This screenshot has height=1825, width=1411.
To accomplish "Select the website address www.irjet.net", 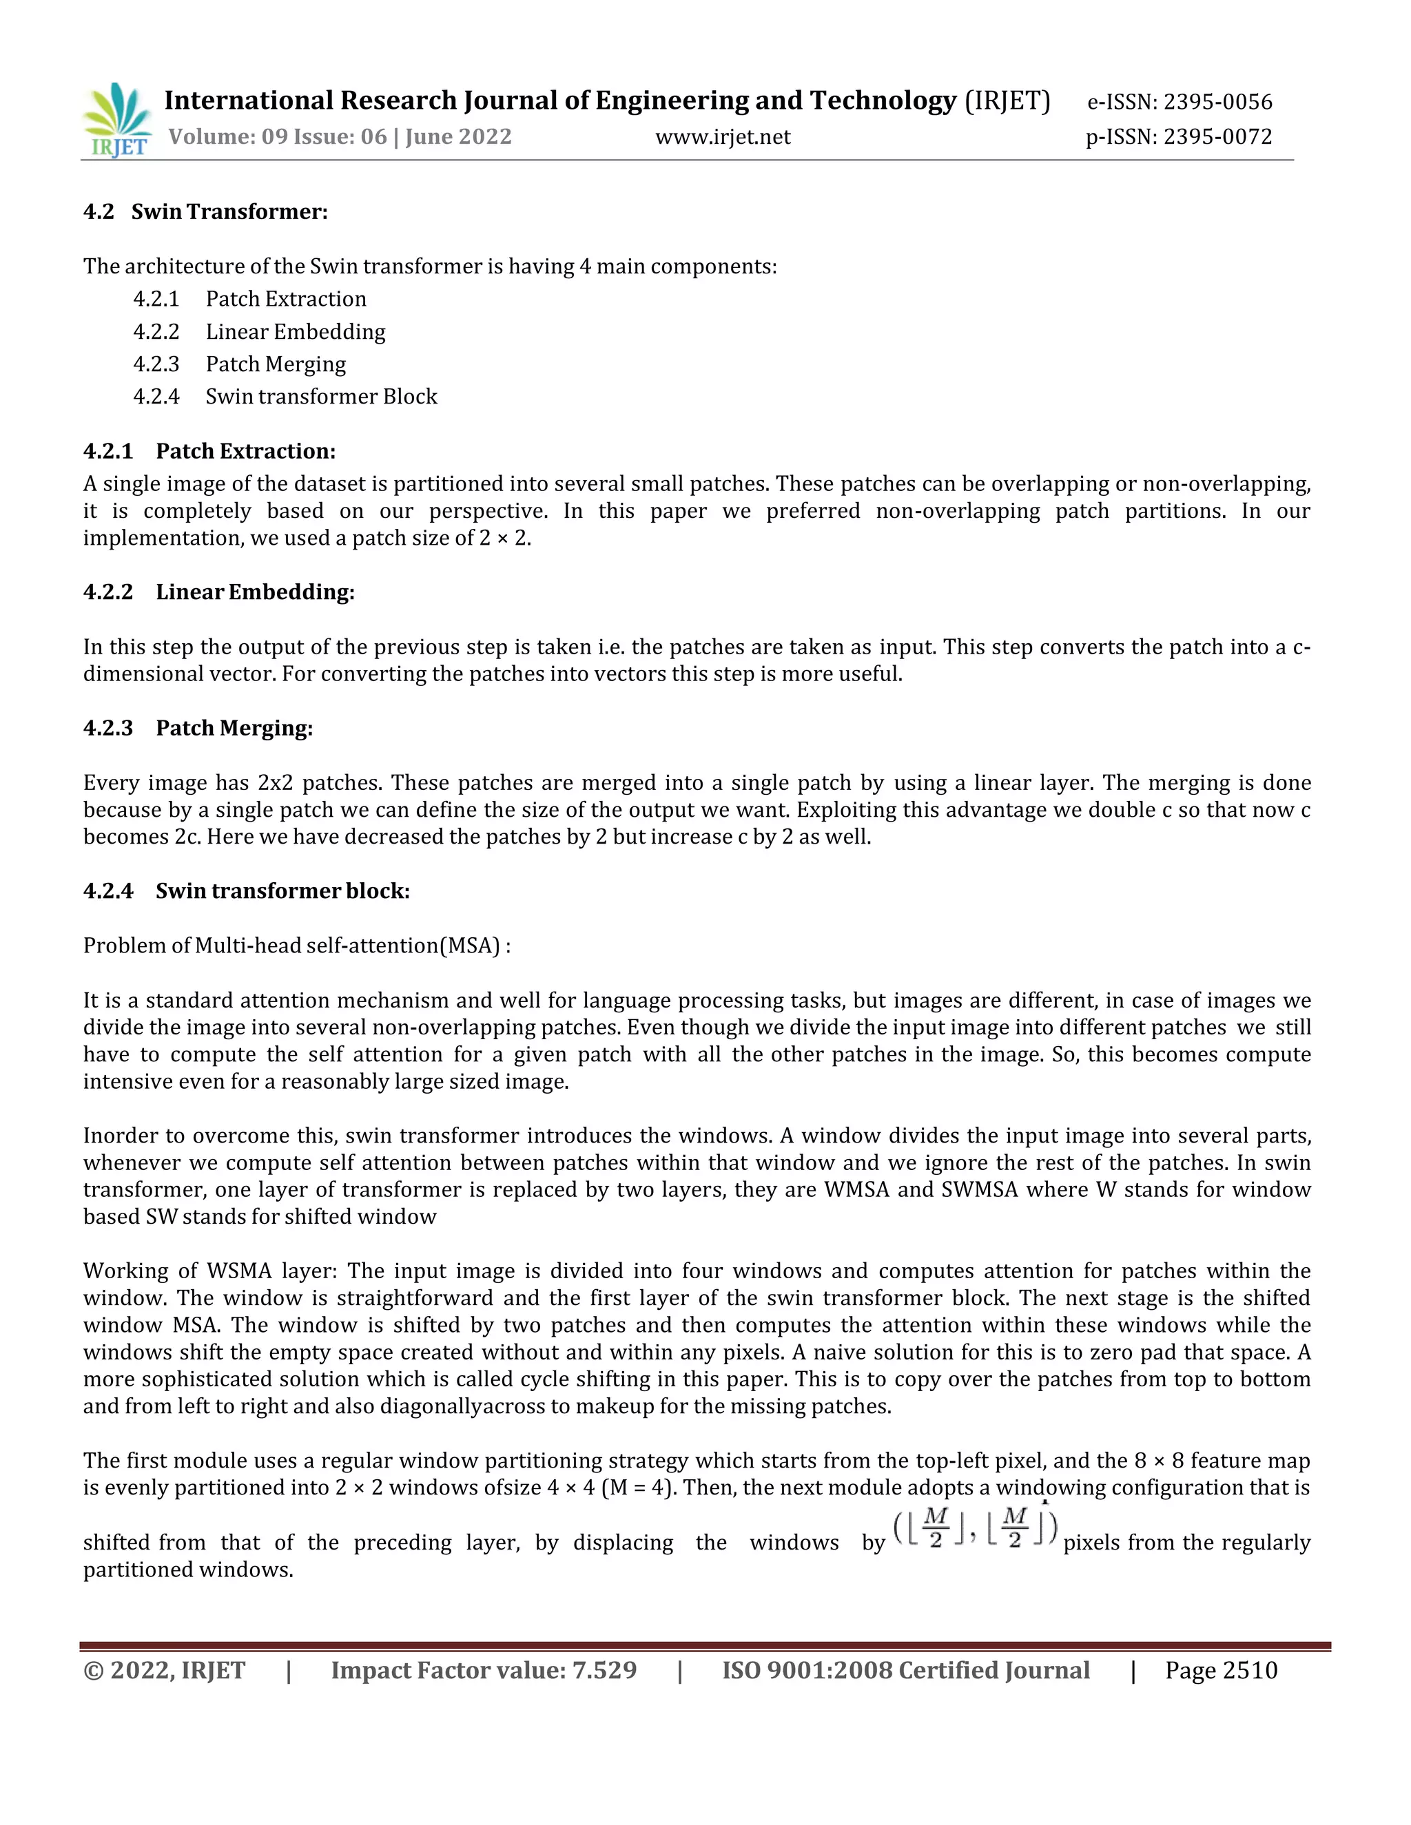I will [x=722, y=136].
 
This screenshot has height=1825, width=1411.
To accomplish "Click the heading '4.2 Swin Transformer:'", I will [x=205, y=211].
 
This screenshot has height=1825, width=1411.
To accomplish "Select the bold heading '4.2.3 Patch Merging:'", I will [x=198, y=728].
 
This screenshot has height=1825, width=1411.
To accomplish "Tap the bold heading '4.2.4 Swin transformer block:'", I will [x=247, y=890].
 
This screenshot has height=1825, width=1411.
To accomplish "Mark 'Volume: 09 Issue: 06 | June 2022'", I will [x=340, y=136].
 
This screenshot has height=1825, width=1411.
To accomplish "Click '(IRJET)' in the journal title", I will [x=1007, y=101].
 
